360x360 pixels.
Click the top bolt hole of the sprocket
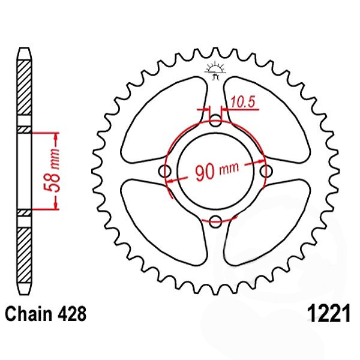pos(215,121)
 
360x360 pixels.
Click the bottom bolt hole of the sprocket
pos(215,221)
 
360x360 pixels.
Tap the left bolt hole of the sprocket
pos(165,171)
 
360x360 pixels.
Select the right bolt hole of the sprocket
pos(266,171)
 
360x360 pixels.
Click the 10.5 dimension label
pos(243,102)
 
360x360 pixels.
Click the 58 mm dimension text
pos(52,170)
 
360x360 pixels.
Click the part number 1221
pos(329,313)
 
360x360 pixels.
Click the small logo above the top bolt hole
pos(215,70)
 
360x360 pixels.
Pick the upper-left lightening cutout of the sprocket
pos(164,120)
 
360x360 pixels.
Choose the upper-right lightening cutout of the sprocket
pos(267,120)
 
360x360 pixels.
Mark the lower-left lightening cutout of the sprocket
pos(164,222)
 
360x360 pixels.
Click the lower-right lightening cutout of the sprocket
pos(267,222)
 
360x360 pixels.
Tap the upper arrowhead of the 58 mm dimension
pos(56,137)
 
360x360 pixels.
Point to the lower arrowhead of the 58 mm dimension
pos(56,205)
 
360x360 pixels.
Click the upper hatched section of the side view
pos(24,88)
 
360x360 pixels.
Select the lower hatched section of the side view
pos(24,255)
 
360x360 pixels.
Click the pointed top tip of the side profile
pos(25,48)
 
